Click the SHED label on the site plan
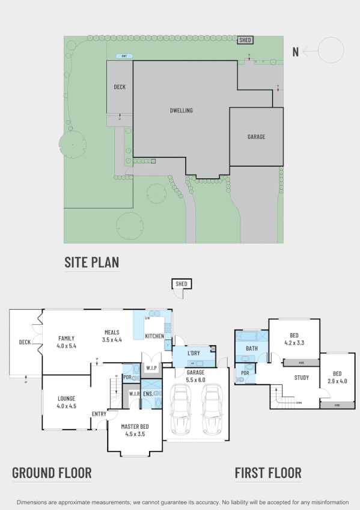coord(245,40)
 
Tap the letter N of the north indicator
coord(295,52)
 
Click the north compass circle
coord(331,51)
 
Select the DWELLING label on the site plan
coord(181,110)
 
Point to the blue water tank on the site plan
coord(125,57)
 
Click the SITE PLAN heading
coord(91,262)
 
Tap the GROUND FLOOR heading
coord(52,473)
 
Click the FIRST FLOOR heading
coord(268,473)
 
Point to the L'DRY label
coord(194,352)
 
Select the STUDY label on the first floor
coord(302,378)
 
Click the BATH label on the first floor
coord(252,348)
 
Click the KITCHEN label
coord(154,336)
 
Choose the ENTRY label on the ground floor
coord(99,413)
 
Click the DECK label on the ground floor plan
coord(25,342)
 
